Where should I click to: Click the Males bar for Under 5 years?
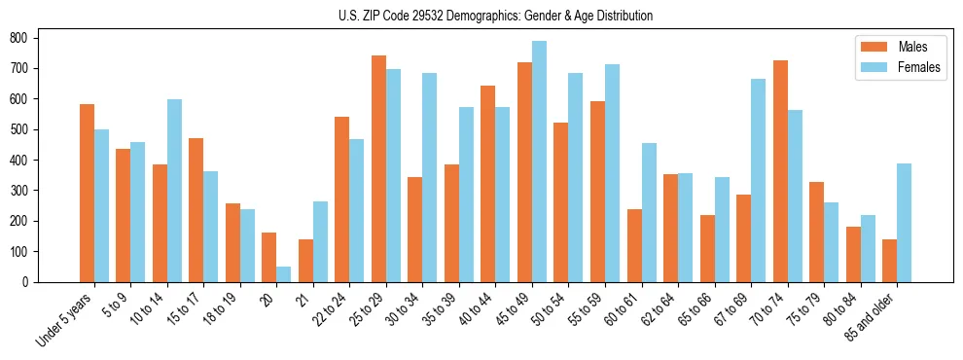(87, 193)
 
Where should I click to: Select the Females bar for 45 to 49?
(539, 162)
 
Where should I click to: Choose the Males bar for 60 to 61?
(634, 245)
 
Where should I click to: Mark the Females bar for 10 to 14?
(174, 191)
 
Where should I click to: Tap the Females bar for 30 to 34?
(430, 177)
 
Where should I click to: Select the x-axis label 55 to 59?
(587, 309)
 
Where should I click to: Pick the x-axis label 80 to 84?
(842, 309)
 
